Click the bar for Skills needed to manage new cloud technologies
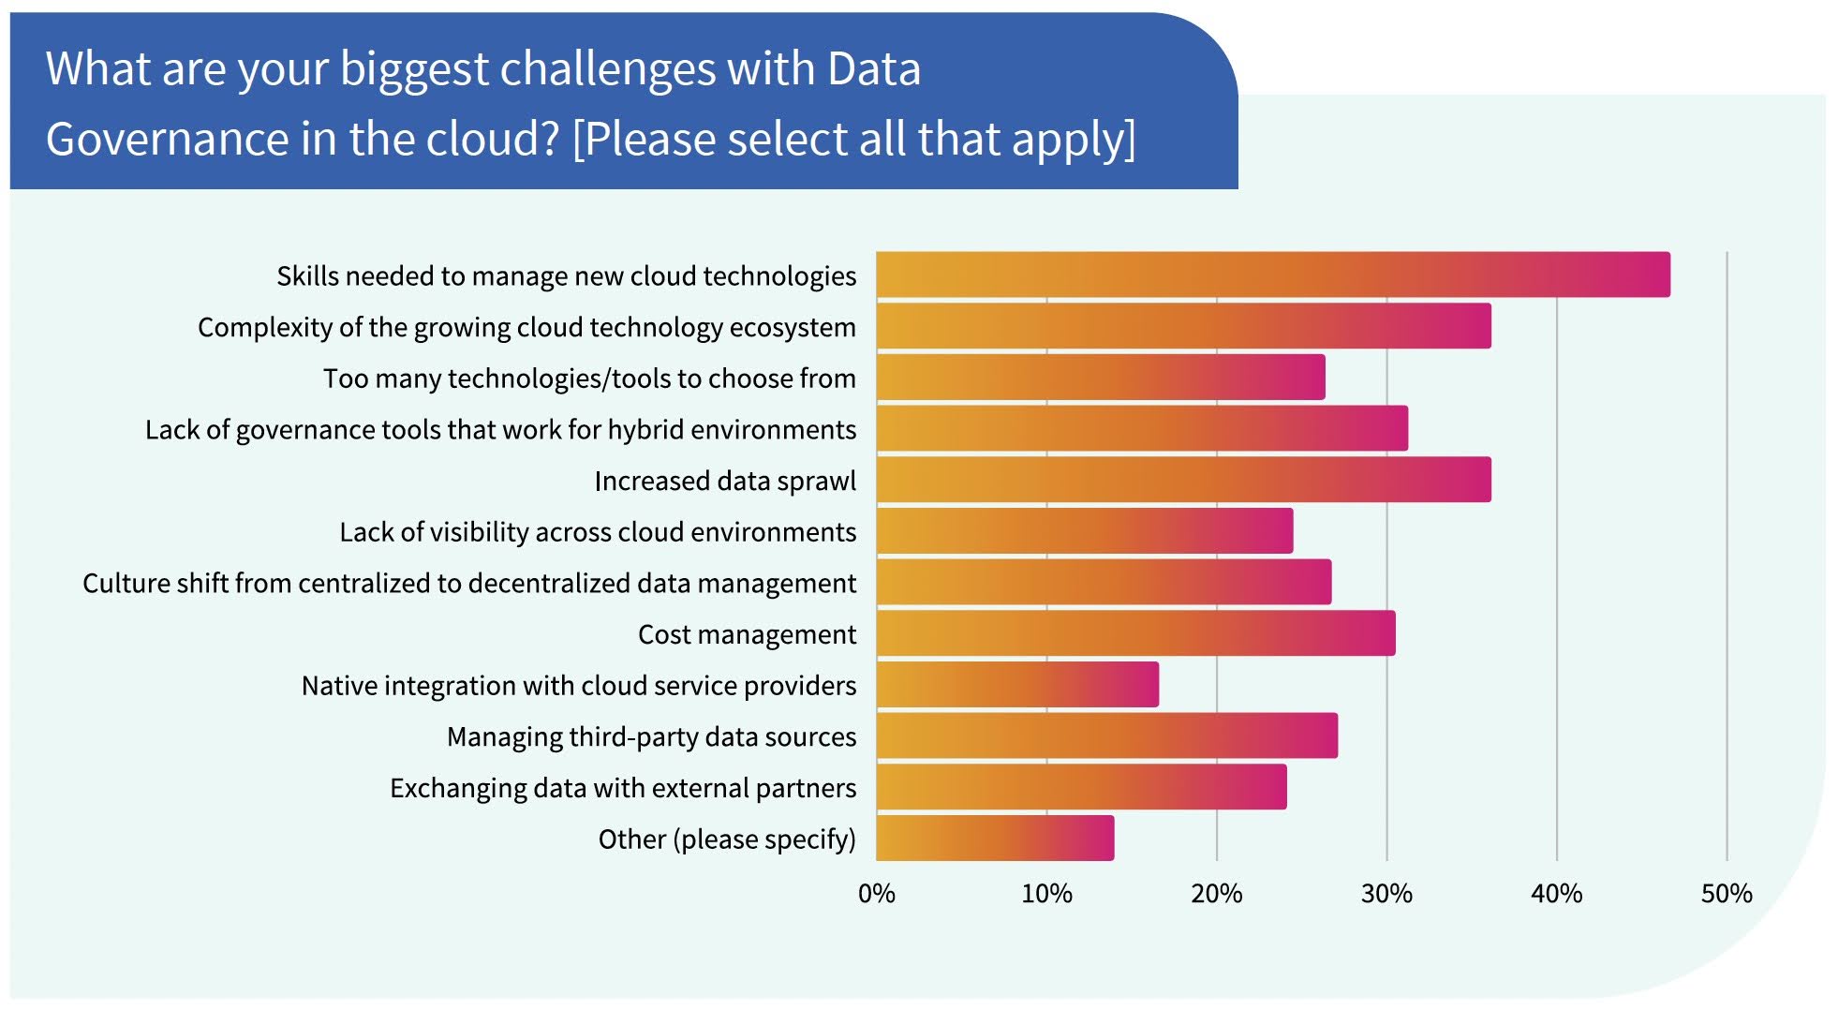1272,275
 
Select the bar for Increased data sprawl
1183,480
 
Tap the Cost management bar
1135,633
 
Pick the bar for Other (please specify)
995,838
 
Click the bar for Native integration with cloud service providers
1017,684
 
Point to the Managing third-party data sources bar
1106,735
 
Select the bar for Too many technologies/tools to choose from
1101,377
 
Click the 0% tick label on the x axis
876,894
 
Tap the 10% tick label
1046,894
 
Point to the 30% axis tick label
1386,894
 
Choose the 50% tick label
1727,894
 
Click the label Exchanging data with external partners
623,788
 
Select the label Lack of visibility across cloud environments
598,532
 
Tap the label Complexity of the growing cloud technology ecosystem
526,327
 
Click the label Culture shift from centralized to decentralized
469,583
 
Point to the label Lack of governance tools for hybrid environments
500,429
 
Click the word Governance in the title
168,139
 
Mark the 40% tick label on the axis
1556,894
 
